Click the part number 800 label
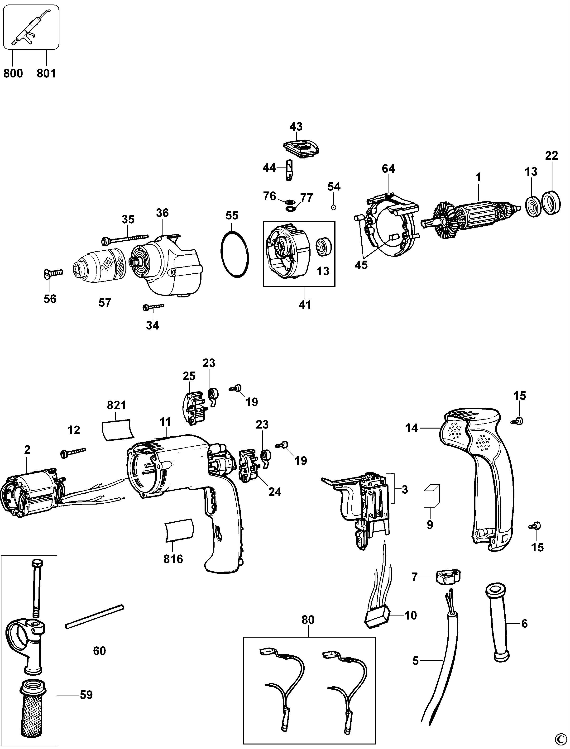click(13, 73)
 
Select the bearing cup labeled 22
click(551, 204)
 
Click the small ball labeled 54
click(334, 207)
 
